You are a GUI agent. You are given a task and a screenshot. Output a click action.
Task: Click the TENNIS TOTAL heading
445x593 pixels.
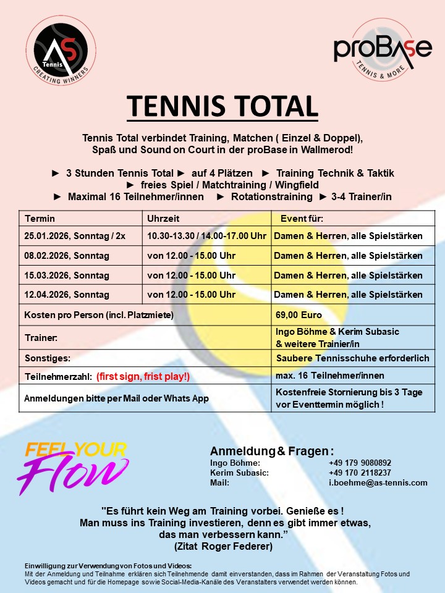pyautogui.click(x=222, y=106)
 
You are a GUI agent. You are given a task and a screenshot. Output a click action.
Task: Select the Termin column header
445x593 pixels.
pyautogui.click(x=40, y=218)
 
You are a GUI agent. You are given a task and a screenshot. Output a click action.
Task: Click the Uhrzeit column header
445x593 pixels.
pyautogui.click(x=163, y=218)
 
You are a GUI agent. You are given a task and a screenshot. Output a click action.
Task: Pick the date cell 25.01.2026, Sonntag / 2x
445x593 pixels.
pyautogui.click(x=74, y=236)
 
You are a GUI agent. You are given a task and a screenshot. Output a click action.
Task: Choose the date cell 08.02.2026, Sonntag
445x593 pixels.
pyautogui.click(x=67, y=256)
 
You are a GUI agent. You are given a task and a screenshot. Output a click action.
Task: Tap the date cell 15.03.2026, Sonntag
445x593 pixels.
pyautogui.click(x=67, y=275)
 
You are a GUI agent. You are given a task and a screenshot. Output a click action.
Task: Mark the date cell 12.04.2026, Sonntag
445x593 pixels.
pyautogui.click(x=67, y=295)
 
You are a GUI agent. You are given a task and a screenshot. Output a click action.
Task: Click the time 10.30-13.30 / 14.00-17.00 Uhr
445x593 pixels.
pyautogui.click(x=206, y=236)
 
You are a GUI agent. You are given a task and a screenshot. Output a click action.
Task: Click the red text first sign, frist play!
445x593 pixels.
pyautogui.click(x=143, y=376)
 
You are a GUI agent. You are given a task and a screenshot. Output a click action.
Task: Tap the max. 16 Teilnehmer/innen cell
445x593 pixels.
pyautogui.click(x=329, y=376)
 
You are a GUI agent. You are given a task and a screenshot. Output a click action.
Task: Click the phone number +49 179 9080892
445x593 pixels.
pyautogui.click(x=360, y=463)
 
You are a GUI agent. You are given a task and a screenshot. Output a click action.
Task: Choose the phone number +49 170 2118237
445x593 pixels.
pyautogui.click(x=360, y=473)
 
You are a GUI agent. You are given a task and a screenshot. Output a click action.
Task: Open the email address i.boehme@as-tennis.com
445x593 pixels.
pyautogui.click(x=378, y=482)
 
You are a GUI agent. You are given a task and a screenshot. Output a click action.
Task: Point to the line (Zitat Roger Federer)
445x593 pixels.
pyautogui.click(x=223, y=546)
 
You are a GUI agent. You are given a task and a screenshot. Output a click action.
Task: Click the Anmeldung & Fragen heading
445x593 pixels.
pyautogui.click(x=272, y=450)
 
